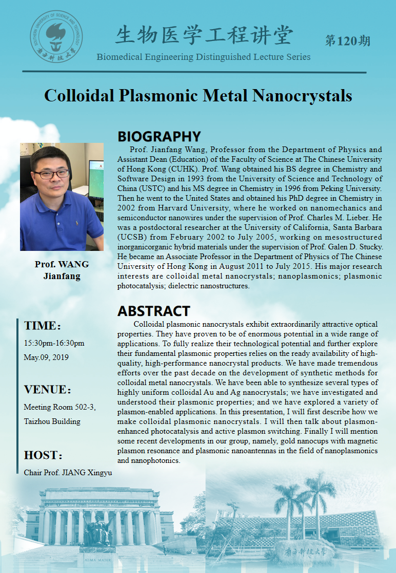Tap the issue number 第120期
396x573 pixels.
click(x=347, y=41)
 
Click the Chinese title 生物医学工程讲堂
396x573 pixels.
click(x=204, y=36)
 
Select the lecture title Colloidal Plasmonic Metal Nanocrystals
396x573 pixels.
click(x=198, y=96)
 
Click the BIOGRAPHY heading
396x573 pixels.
click(x=159, y=137)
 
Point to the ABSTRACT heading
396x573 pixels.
click(x=154, y=311)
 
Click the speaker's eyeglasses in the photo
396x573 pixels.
click(x=52, y=174)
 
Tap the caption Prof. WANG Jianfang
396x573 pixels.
click(x=62, y=270)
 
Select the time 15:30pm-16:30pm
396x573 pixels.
click(x=54, y=343)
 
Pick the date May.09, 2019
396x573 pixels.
click(x=46, y=357)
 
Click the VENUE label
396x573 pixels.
click(x=47, y=390)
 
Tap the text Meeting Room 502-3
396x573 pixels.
click(x=60, y=407)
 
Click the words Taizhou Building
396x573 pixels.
click(x=52, y=421)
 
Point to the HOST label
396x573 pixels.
click(x=43, y=456)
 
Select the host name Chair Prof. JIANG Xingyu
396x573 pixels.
click(x=68, y=472)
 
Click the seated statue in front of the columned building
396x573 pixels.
click(x=97, y=532)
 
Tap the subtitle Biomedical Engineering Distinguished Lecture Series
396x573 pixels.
click(x=204, y=56)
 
